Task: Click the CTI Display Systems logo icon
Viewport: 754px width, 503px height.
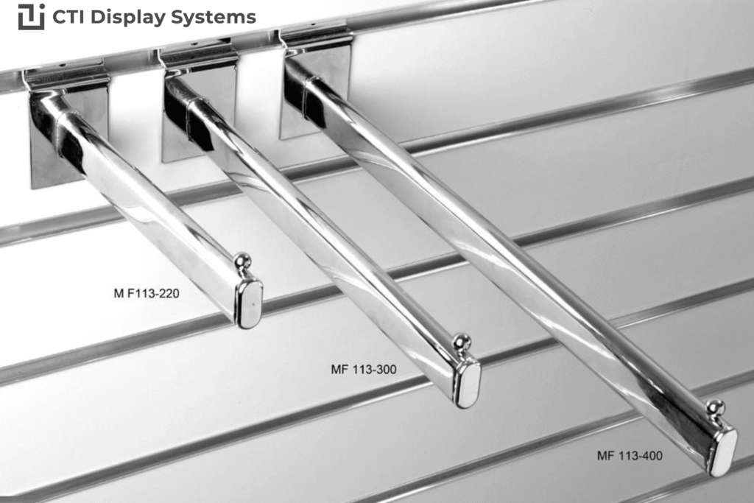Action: (x=31, y=17)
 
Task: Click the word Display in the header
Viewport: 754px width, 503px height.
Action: (x=127, y=18)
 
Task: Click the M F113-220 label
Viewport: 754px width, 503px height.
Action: (x=147, y=293)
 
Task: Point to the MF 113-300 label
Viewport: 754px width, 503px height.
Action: (x=364, y=369)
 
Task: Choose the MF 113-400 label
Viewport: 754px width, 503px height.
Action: (x=630, y=455)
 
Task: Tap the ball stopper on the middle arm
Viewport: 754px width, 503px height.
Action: (x=462, y=344)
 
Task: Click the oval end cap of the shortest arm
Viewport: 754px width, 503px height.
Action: (x=249, y=305)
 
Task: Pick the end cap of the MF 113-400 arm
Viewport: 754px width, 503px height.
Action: (x=723, y=451)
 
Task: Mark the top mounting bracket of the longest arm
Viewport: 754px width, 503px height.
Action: (x=315, y=38)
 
